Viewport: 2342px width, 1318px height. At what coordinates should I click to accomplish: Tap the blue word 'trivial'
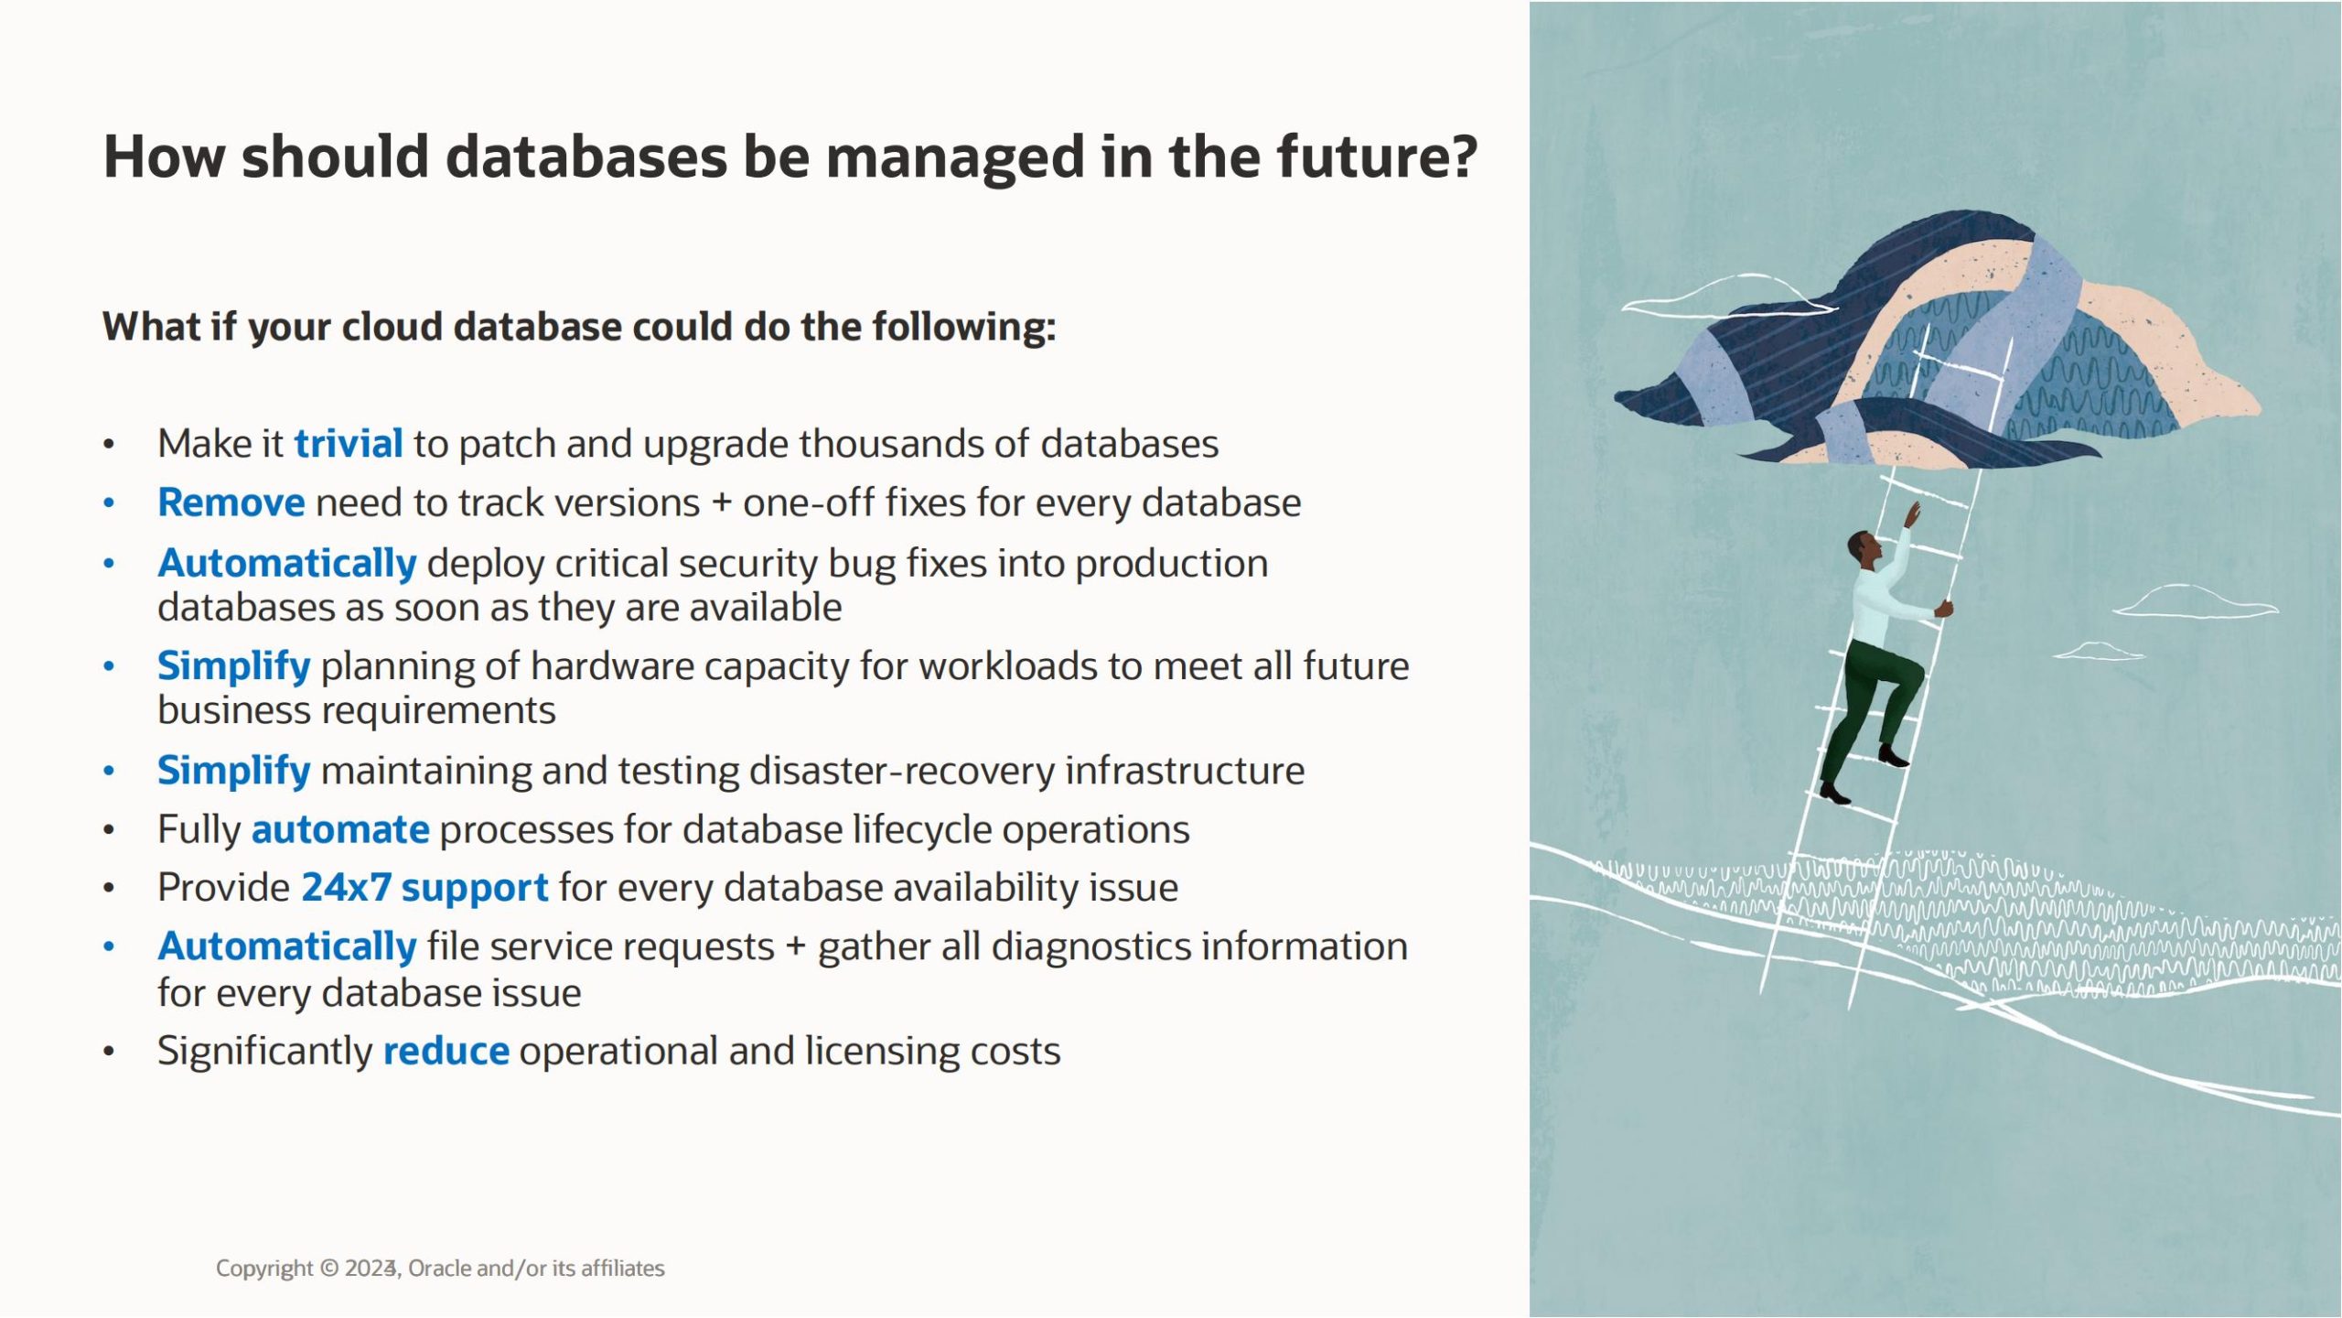click(x=349, y=444)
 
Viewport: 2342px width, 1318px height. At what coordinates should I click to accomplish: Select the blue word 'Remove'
click(x=231, y=502)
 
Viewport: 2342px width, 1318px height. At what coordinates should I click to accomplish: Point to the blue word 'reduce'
click(x=446, y=1052)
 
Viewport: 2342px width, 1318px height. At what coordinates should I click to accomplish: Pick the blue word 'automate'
click(x=340, y=830)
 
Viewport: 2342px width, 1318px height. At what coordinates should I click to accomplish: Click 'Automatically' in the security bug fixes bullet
click(x=287, y=564)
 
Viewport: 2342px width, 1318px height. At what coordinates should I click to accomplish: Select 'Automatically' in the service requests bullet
click(x=287, y=947)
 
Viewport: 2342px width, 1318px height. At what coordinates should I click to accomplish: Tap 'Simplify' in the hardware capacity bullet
click(x=234, y=667)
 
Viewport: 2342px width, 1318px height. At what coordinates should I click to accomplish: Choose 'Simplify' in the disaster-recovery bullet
click(x=234, y=772)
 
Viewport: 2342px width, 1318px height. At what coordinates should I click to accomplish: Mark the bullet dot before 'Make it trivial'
click(x=109, y=446)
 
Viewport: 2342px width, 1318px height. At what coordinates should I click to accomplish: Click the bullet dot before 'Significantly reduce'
click(x=109, y=1053)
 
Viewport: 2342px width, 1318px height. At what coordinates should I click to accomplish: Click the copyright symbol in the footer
click(x=328, y=1269)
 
